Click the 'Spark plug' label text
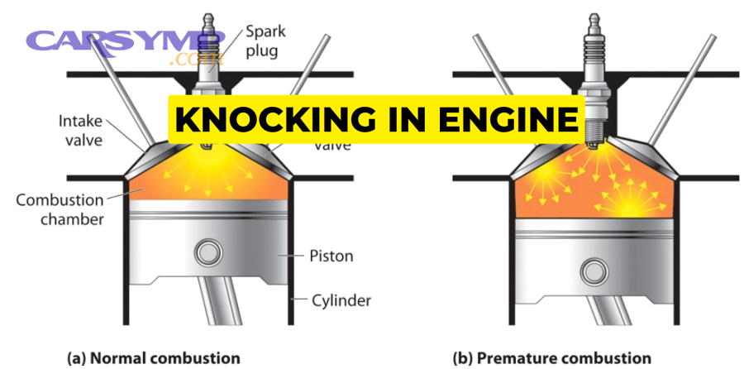265,44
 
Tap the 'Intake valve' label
80,131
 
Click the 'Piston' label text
331,256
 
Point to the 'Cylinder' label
341,300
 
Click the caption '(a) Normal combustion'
153,358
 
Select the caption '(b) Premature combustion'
551,358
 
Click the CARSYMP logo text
124,41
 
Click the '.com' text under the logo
195,60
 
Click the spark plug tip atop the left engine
206,17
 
